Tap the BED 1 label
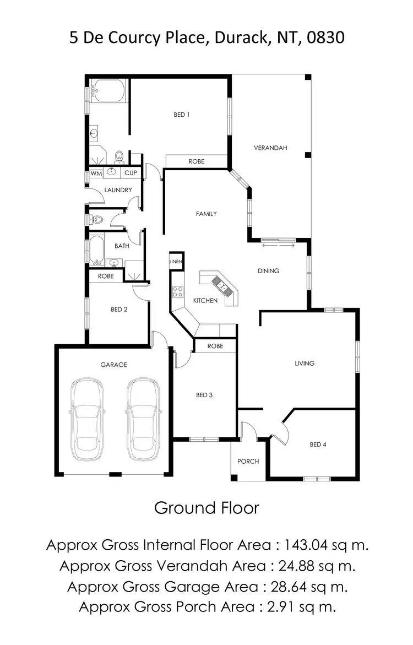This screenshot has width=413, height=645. pyautogui.click(x=182, y=115)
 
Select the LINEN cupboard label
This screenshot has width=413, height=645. pyautogui.click(x=176, y=261)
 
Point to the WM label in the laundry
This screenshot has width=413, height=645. pyautogui.click(x=96, y=173)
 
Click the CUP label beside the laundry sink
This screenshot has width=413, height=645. pyautogui.click(x=131, y=173)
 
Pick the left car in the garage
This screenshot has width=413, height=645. pyautogui.click(x=87, y=419)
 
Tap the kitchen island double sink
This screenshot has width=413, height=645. pyautogui.click(x=221, y=284)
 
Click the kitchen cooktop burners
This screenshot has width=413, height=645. pyautogui.click(x=178, y=292)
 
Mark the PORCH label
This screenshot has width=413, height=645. pyautogui.click(x=248, y=462)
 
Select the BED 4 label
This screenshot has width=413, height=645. pyautogui.click(x=318, y=445)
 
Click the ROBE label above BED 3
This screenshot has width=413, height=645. pyautogui.click(x=215, y=346)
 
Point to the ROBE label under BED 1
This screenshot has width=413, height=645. pyautogui.click(x=197, y=161)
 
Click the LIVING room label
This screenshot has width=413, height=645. pyautogui.click(x=305, y=364)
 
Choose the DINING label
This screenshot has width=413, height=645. pyautogui.click(x=269, y=271)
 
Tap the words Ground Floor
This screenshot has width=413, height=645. pyautogui.click(x=206, y=507)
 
